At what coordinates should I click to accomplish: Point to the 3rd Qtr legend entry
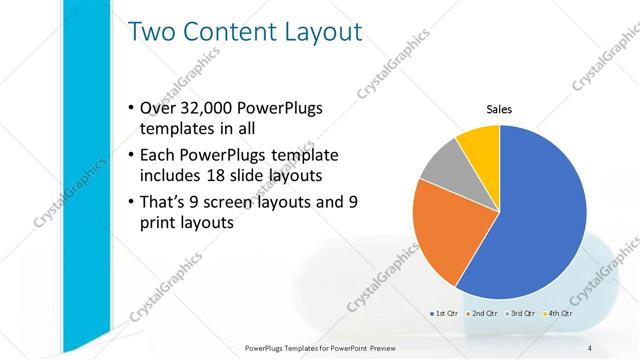(x=525, y=313)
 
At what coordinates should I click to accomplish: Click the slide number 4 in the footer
(x=590, y=347)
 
